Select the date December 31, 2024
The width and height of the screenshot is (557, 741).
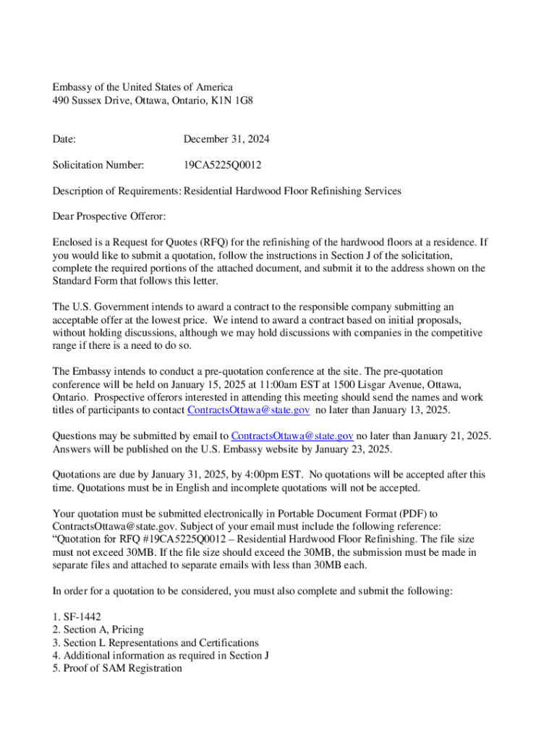226,139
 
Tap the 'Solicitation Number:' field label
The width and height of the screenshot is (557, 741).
98,165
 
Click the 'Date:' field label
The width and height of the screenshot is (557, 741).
64,139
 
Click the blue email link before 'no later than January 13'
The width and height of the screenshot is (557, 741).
248,410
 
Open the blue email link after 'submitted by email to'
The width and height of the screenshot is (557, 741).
292,436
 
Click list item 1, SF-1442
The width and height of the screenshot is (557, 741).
77,617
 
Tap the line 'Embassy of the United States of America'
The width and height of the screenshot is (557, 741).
143,88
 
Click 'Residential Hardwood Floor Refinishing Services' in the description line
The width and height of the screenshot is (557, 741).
292,191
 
